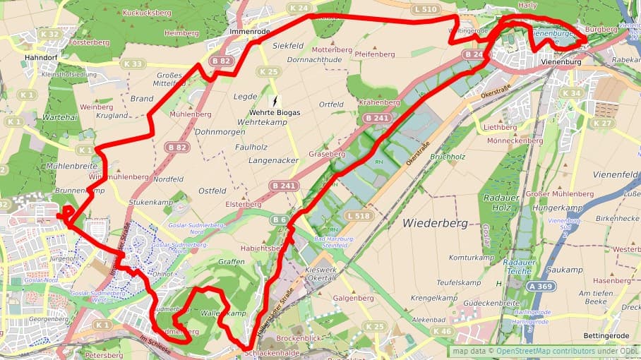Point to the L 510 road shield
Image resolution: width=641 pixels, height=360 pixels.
click(426, 9)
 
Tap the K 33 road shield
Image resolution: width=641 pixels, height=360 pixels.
click(133, 64)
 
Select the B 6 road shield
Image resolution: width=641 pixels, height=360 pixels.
click(280, 220)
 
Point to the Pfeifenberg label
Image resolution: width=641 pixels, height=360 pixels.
click(375, 54)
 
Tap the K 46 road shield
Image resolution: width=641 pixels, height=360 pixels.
click(443, 331)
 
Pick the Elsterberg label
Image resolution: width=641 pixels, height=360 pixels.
click(243, 204)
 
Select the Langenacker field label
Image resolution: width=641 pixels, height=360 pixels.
click(273, 161)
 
